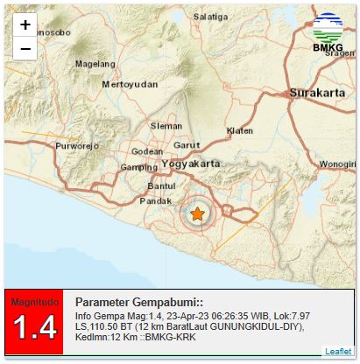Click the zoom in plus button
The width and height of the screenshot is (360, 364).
click(25, 25)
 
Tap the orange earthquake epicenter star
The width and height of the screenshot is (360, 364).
click(198, 213)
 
